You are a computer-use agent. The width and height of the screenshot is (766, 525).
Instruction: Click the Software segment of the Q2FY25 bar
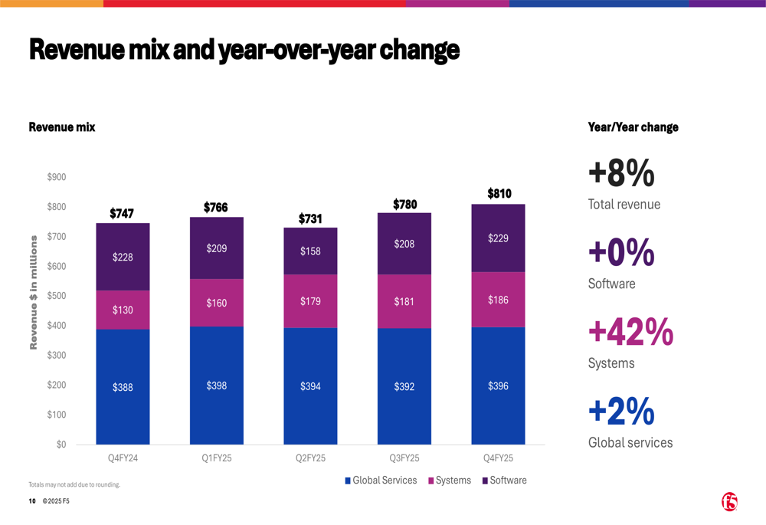point(310,251)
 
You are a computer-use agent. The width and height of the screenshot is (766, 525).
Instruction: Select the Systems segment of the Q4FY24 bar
point(123,310)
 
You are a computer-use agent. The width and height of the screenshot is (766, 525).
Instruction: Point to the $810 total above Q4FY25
point(499,194)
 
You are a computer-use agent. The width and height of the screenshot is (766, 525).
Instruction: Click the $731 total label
point(310,218)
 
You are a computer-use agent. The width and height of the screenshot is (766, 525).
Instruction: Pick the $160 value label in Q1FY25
point(217,303)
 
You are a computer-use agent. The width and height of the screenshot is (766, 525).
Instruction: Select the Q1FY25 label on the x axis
point(217,458)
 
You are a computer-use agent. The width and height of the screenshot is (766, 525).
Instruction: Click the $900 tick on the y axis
point(55,177)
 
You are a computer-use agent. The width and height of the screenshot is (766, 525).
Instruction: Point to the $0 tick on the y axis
point(60,445)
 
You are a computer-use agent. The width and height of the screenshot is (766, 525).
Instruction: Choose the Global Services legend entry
point(381,481)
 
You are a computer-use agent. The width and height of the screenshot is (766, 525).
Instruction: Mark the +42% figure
point(630,332)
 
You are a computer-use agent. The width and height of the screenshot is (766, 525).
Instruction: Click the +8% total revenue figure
point(621,173)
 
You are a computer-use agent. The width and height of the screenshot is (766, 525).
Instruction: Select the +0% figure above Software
point(621,253)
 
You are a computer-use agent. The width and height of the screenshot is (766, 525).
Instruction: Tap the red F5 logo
point(729,502)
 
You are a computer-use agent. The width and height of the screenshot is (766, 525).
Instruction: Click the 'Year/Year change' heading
point(633,127)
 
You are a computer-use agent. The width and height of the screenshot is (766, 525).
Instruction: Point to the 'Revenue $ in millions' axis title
point(34,293)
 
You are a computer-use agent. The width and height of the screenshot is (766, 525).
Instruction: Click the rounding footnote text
point(74,484)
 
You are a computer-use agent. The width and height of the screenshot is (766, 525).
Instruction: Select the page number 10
point(32,501)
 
